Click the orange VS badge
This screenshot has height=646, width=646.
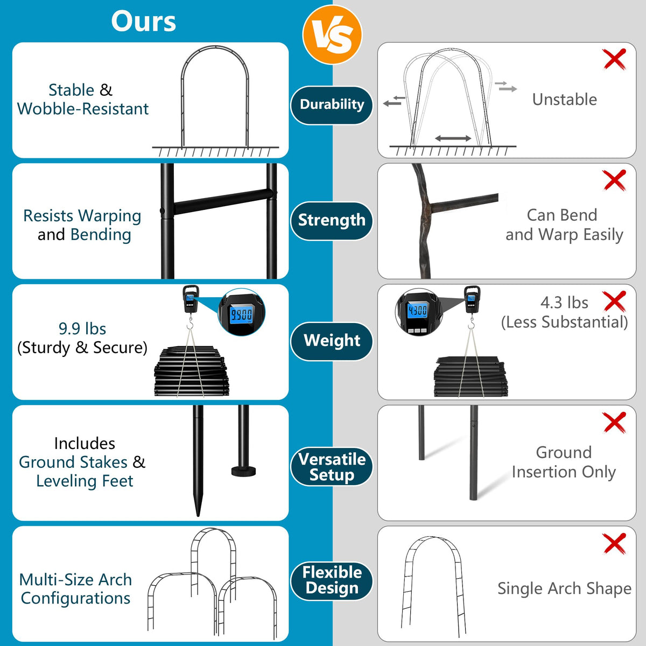pyautogui.click(x=332, y=34)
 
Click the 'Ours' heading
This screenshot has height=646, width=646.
pyautogui.click(x=144, y=22)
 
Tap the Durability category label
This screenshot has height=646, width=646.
pyautogui.click(x=332, y=105)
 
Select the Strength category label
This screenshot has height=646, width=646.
pyautogui.click(x=332, y=221)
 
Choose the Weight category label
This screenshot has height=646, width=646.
pyautogui.click(x=332, y=341)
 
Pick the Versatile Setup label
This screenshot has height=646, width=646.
pyautogui.click(x=332, y=467)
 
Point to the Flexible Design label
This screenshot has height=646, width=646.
pyautogui.click(x=332, y=581)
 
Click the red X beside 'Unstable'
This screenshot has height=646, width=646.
pyautogui.click(x=614, y=59)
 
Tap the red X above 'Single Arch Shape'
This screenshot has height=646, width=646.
pyautogui.click(x=614, y=543)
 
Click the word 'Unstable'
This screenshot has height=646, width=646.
pyautogui.click(x=565, y=100)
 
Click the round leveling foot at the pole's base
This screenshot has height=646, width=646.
pyautogui.click(x=243, y=472)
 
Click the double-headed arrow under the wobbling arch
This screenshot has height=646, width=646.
pyautogui.click(x=453, y=138)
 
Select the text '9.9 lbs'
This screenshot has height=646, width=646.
pyautogui.click(x=82, y=329)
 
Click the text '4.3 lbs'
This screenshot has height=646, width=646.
pyautogui.click(x=564, y=303)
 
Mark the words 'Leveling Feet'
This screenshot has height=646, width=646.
pyautogui.click(x=85, y=481)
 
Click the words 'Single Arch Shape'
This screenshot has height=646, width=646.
pyautogui.click(x=564, y=588)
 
